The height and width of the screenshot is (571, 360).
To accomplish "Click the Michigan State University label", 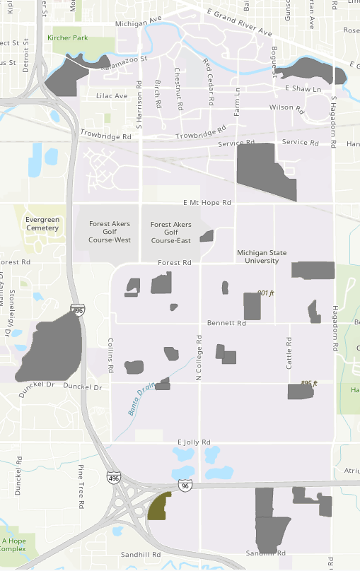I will click(262, 256).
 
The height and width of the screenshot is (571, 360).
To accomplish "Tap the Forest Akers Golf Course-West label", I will click(109, 232).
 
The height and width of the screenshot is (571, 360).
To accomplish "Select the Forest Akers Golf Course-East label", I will click(170, 232).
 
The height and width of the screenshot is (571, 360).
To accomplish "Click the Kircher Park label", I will click(68, 37).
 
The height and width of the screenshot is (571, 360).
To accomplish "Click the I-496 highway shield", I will click(114, 478).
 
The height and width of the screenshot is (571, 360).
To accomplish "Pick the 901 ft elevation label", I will click(265, 293).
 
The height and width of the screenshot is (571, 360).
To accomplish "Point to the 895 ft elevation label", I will click(309, 383).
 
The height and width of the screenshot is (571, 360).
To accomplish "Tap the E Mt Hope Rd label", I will click(207, 202).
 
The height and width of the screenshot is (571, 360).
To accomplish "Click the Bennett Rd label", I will click(226, 323).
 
